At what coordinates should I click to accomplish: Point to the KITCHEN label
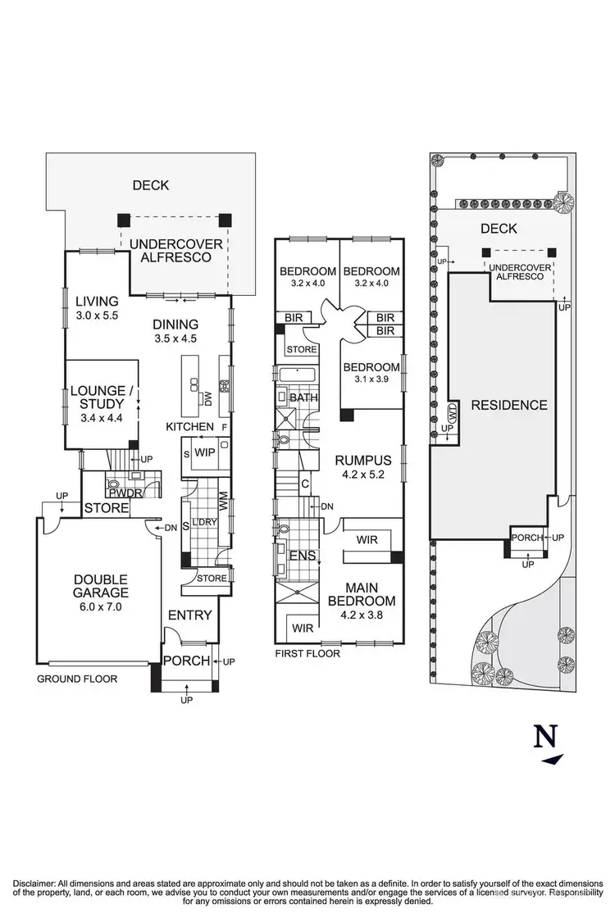point(190,427)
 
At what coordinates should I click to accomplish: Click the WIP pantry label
point(205,452)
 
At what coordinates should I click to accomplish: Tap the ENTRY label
point(190,615)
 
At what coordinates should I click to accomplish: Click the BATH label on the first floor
point(303,398)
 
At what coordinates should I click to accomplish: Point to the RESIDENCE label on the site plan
point(508,405)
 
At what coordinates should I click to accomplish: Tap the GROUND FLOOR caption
point(77,679)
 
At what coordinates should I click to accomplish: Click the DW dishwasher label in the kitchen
point(208,398)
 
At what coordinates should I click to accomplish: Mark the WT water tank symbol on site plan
point(452,411)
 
